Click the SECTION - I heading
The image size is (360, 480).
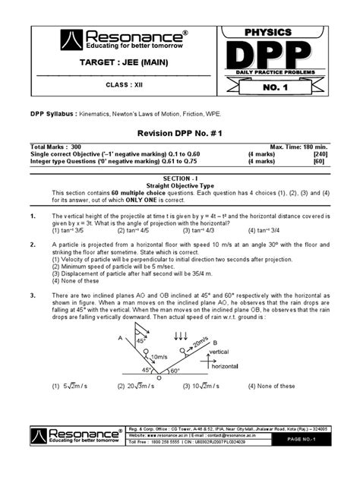[x=179, y=176]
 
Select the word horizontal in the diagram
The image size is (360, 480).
[x=226, y=366]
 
